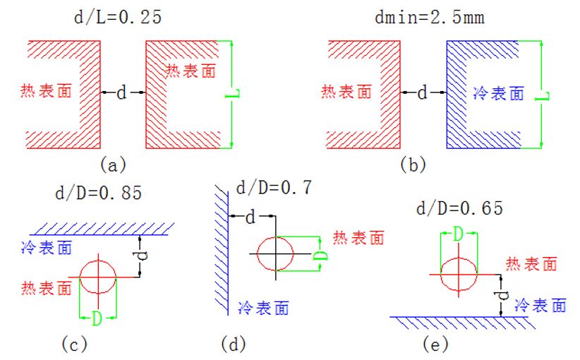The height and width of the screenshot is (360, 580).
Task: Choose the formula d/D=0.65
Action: (459, 208)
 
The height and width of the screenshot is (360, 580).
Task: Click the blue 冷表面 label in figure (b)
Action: (497, 93)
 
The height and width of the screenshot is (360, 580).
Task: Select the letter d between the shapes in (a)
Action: (121, 92)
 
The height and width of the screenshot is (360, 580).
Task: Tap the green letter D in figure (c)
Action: (97, 319)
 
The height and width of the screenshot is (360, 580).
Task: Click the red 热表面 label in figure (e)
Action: (531, 264)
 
